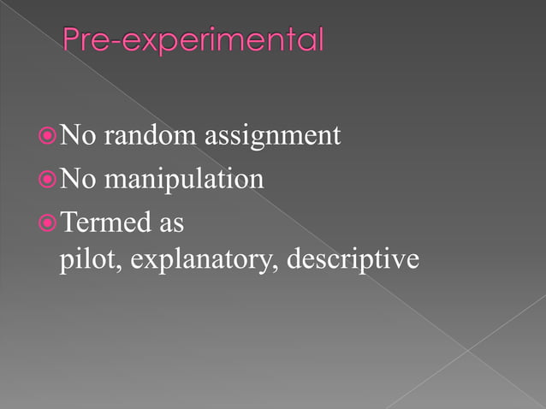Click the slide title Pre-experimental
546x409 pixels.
[x=193, y=40]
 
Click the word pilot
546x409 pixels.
[x=80, y=258]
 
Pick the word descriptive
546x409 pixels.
[x=353, y=258]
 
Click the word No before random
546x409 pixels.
[x=79, y=135]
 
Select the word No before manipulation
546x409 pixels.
[x=79, y=180]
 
